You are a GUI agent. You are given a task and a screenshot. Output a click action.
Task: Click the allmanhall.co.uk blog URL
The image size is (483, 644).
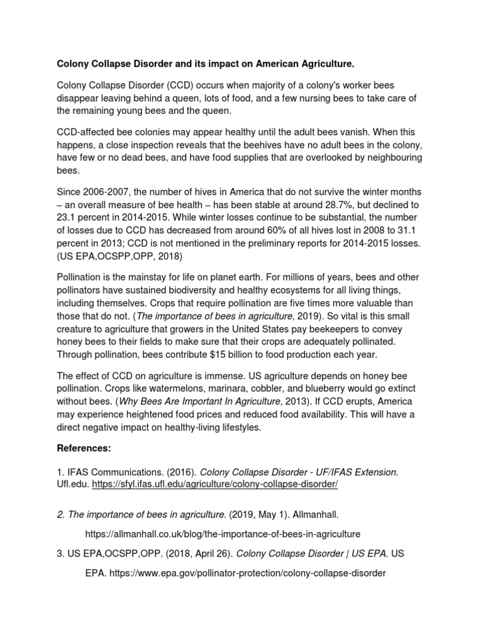tap(223, 534)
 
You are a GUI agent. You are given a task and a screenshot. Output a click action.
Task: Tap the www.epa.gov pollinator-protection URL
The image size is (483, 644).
tap(235, 574)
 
